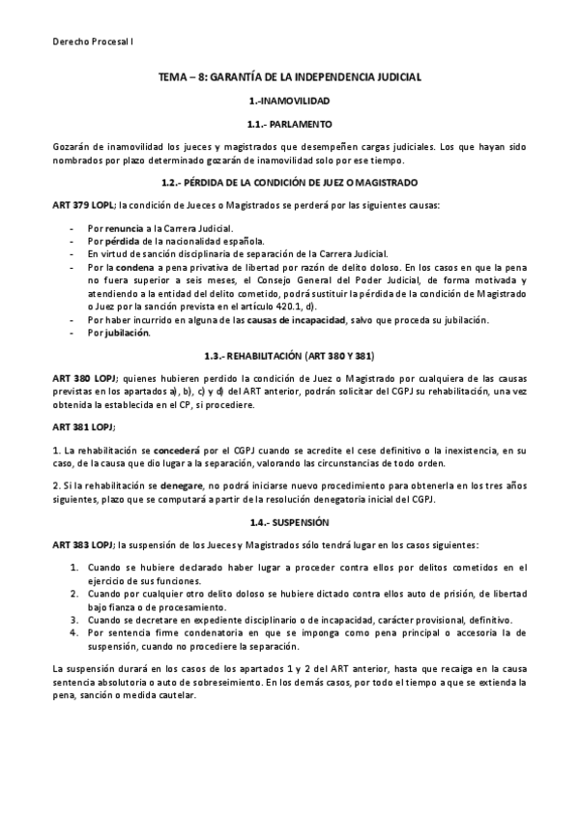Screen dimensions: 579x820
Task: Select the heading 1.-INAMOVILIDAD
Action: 289,101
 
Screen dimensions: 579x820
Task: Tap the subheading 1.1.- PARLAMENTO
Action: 289,125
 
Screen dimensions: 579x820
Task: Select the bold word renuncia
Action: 122,229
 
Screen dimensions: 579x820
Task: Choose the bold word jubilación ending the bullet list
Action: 126,333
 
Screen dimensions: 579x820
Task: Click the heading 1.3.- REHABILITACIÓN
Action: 289,356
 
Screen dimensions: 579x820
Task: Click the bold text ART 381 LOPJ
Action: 83,426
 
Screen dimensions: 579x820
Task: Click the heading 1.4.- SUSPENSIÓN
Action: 289,521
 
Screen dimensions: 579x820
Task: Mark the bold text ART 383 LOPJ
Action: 84,545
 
